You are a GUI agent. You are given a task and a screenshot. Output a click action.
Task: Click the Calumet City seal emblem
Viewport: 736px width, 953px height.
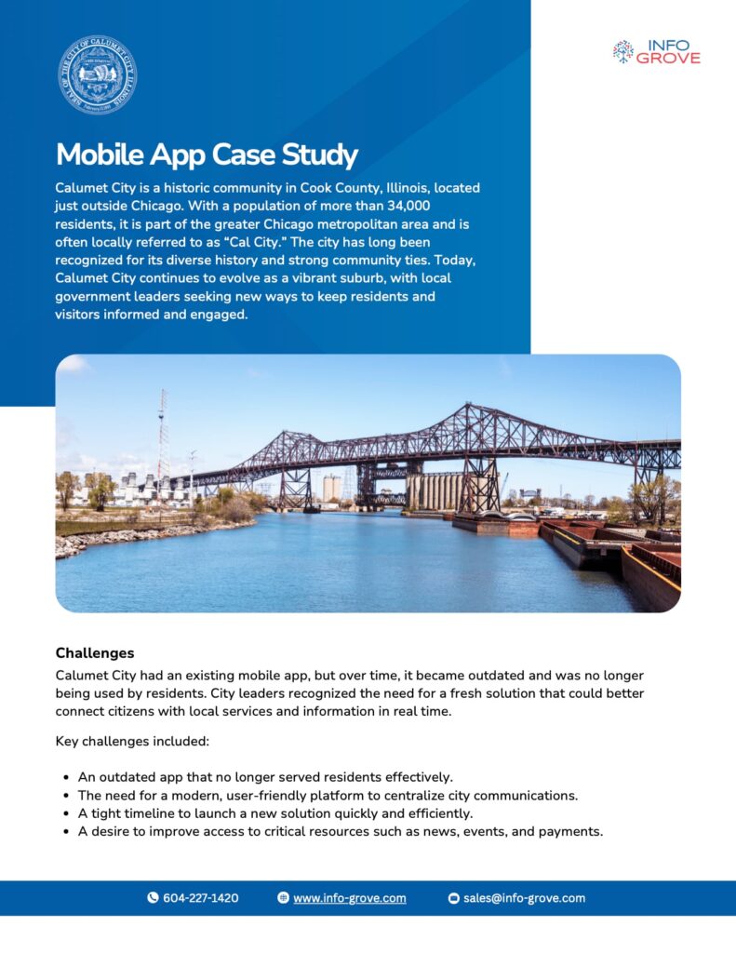click(x=98, y=75)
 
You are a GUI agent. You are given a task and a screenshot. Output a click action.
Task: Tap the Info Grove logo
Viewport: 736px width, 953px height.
click(x=657, y=51)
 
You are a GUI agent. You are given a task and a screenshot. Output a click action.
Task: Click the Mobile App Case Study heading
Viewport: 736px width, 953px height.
click(x=207, y=154)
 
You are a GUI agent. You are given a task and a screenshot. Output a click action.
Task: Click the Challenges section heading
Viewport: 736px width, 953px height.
click(x=95, y=653)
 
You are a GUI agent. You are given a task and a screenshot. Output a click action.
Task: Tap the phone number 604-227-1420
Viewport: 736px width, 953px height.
click(x=200, y=898)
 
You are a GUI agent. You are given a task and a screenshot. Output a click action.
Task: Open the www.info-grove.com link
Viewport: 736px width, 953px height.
click(x=349, y=898)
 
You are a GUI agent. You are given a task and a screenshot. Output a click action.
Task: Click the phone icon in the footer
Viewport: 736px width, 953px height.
click(x=153, y=898)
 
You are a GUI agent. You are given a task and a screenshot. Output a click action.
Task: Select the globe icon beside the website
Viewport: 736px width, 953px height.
click(x=283, y=898)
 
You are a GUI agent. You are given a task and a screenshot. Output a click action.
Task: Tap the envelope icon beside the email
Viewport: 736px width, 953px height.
click(x=454, y=898)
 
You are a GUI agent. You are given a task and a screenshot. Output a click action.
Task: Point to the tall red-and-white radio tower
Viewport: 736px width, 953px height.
click(x=163, y=437)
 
